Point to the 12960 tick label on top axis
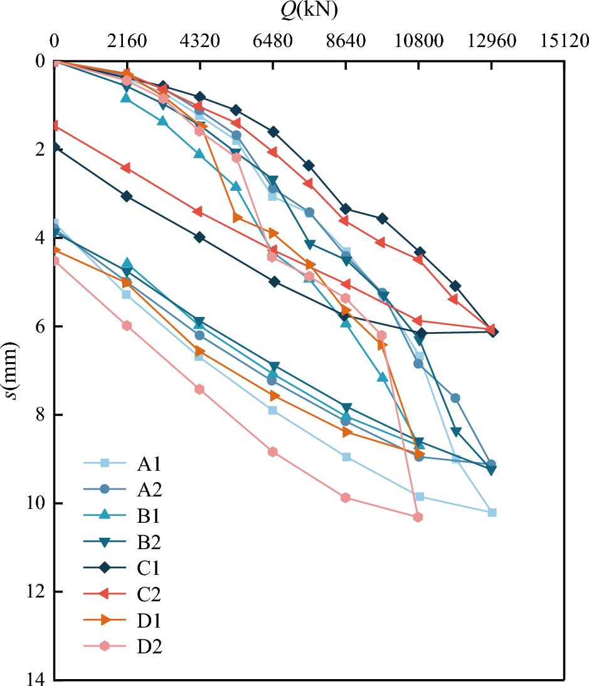click(492, 41)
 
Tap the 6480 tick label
click(273, 41)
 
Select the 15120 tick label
click(565, 41)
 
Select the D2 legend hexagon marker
click(105, 646)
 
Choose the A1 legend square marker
click(105, 464)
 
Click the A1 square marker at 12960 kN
click(492, 512)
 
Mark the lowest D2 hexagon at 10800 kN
click(418, 517)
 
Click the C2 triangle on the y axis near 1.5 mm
click(55, 126)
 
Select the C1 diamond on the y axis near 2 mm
click(55, 147)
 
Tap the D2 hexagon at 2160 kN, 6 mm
click(127, 325)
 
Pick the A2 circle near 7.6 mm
click(455, 398)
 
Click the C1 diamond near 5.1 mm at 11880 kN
click(455, 286)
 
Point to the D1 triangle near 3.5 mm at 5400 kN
click(237, 217)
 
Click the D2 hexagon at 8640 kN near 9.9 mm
click(346, 498)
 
